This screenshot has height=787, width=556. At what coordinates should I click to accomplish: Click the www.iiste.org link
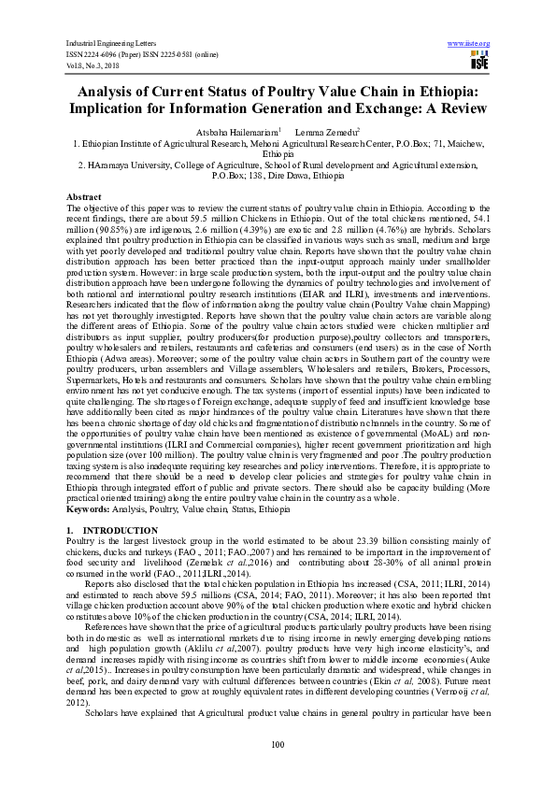point(469,43)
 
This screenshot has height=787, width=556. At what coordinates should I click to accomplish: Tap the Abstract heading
point(83,198)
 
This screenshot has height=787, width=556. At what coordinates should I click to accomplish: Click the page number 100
point(278,744)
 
